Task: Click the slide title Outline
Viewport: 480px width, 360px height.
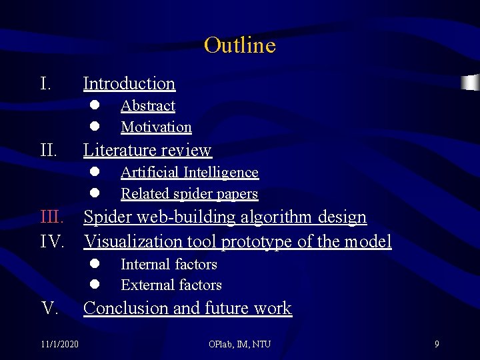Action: (239, 45)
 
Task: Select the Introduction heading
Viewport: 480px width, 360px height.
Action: (129, 83)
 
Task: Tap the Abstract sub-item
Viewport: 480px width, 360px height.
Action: (148, 106)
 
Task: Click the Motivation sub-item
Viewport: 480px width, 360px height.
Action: (156, 127)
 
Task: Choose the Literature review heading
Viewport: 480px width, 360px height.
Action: (147, 150)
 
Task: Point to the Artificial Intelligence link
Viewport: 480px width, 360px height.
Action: (189, 172)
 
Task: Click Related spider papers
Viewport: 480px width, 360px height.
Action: (189, 193)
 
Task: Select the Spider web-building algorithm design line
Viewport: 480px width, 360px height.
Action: (225, 217)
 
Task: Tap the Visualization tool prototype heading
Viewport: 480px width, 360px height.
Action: (237, 241)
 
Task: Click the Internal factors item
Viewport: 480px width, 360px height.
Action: (169, 264)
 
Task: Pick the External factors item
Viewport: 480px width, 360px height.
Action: (171, 285)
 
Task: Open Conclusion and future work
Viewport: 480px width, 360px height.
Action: (187, 308)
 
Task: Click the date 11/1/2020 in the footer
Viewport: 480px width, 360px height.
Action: (59, 344)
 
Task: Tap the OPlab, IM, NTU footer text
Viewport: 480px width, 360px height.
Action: (240, 344)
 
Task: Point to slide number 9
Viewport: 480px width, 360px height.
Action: (437, 344)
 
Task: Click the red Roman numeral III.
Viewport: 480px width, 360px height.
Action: (52, 217)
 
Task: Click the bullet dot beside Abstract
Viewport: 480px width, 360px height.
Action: (95, 105)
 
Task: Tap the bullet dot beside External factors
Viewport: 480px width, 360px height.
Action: (95, 285)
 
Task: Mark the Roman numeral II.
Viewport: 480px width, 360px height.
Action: (49, 150)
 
